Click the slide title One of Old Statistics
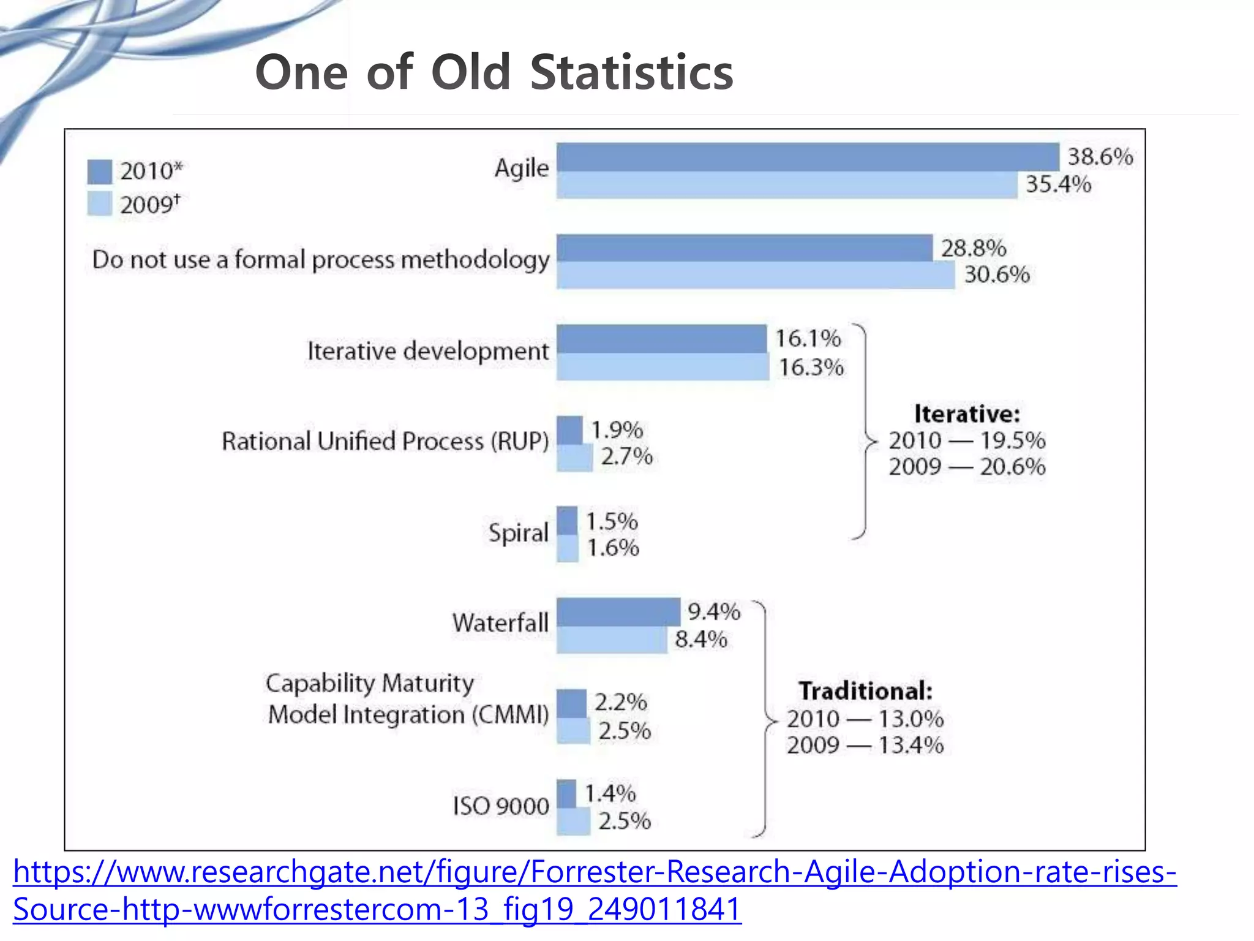494,72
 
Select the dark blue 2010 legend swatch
99,172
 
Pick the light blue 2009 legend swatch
99,203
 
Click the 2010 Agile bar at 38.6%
808,157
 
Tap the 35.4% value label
1058,184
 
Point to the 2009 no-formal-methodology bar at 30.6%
756,275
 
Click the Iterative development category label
428,351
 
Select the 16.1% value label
808,338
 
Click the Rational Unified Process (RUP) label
385,441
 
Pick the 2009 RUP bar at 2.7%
574,458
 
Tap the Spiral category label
518,532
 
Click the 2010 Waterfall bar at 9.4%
618,611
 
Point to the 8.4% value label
700,640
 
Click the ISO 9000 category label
501,806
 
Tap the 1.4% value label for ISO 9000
610,793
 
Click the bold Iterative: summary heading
967,414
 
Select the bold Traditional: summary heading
865,691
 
